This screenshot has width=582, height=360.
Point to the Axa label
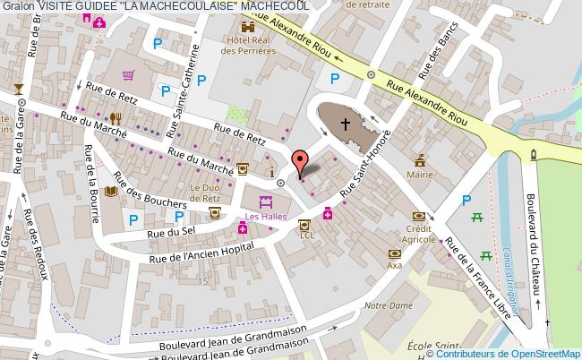point(394,266)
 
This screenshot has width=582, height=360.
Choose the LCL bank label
point(307,236)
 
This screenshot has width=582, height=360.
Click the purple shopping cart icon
point(129,75)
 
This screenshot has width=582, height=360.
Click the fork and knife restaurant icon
point(115,117)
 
